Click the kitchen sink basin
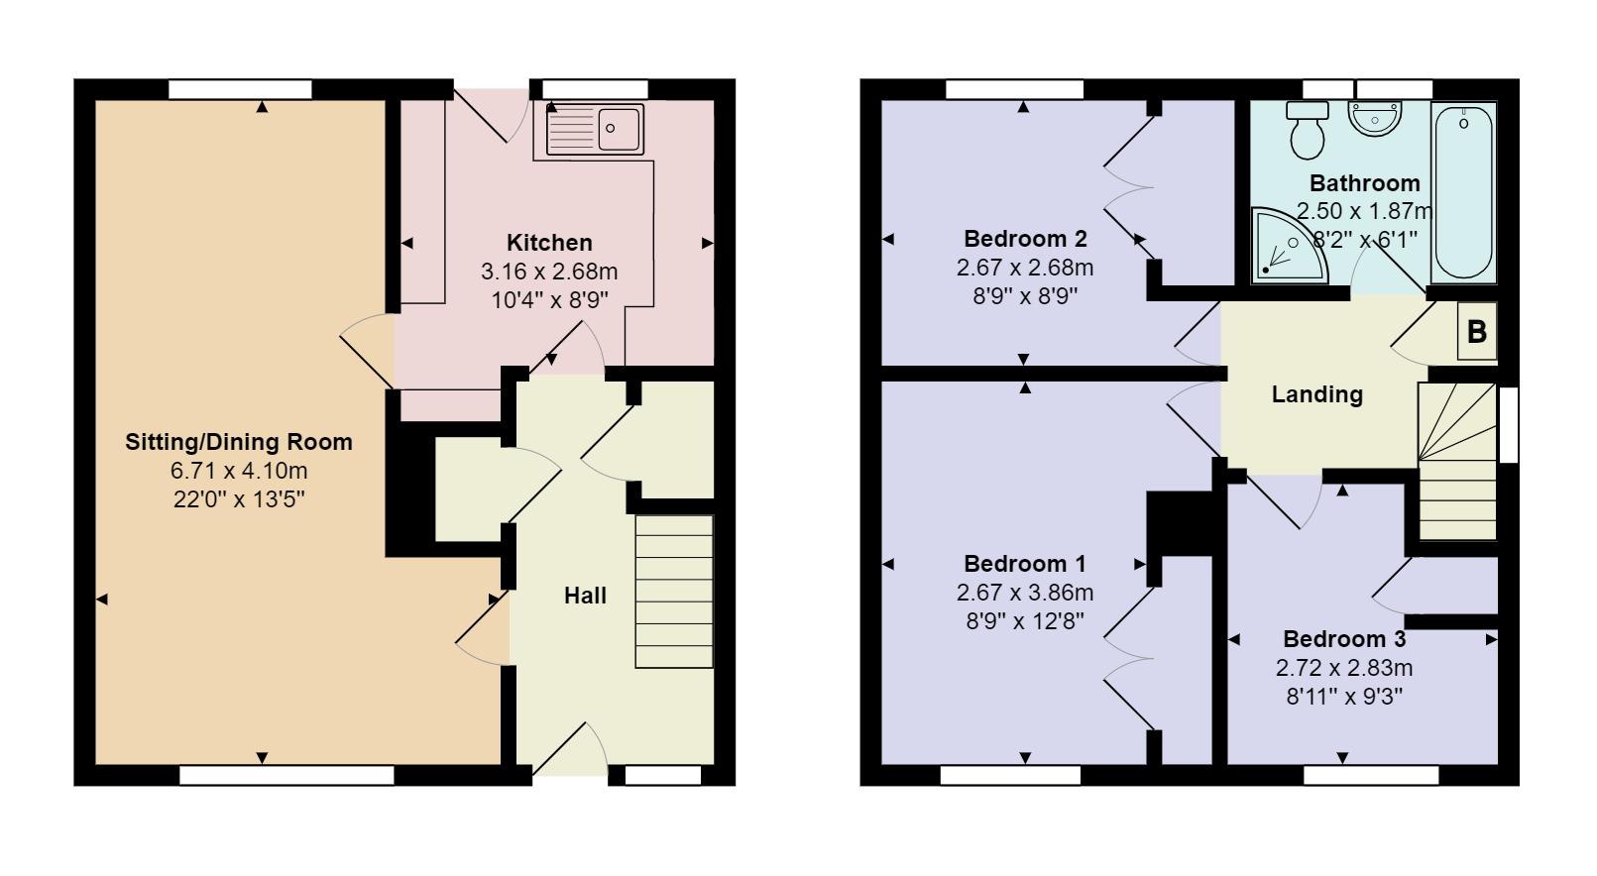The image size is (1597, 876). coord(619,129)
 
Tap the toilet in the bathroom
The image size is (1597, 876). coord(1308,130)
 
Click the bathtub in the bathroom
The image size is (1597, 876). coord(1464,192)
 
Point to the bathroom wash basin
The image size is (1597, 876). coord(1375,118)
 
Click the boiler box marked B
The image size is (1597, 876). coord(1477,331)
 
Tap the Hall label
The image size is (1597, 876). coord(585,596)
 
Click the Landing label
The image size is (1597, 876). coord(1317,394)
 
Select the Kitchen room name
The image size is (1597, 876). coord(549,243)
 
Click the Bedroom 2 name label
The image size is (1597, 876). coord(1025,238)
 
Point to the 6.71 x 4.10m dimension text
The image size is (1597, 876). coord(239,471)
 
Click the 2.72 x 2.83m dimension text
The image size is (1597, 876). coord(1344,668)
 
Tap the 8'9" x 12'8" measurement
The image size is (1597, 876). coord(1025,621)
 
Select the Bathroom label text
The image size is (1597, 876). coord(1365,183)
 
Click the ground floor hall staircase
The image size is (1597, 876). coord(674,592)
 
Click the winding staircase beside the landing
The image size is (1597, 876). coord(1457,461)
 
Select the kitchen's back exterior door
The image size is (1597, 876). coord(492,115)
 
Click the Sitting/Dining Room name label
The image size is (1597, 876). coord(239,442)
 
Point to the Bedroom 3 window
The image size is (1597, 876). coord(1371,776)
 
